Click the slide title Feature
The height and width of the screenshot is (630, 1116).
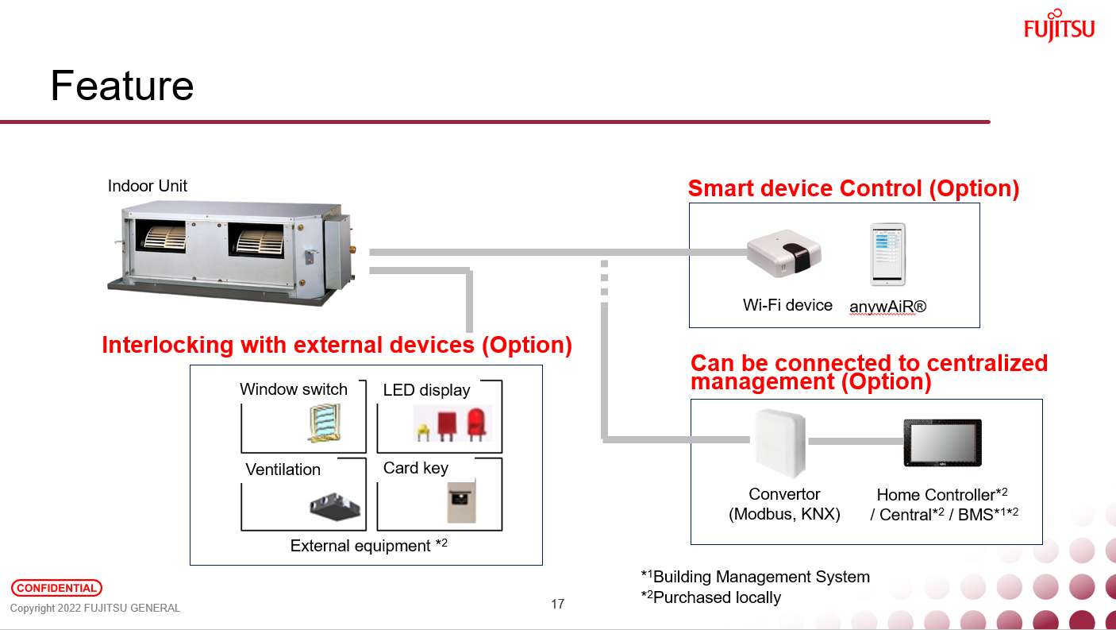(122, 86)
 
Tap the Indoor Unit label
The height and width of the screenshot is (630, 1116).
(148, 186)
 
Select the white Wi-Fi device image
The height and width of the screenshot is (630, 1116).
(783, 253)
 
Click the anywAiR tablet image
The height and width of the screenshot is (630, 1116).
(887, 254)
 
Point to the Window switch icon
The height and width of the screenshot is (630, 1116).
(324, 423)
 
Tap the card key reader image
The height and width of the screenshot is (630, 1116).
(460, 501)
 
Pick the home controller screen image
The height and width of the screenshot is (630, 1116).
(942, 443)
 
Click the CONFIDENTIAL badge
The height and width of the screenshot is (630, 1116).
(56, 589)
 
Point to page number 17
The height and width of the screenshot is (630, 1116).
(557, 605)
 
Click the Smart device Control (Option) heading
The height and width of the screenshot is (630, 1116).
(853, 188)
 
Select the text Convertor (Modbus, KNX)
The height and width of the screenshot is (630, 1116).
(784, 504)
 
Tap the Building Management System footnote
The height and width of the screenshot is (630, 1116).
(755, 577)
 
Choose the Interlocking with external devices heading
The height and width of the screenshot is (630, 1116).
(337, 345)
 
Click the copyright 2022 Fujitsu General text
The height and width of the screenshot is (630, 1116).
(95, 609)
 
